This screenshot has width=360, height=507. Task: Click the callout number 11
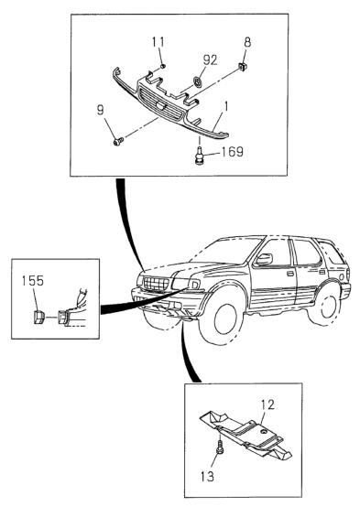(x=158, y=42)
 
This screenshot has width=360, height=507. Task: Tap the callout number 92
(x=210, y=59)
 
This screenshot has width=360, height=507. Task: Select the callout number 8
(x=247, y=42)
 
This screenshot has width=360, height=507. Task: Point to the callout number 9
(x=101, y=110)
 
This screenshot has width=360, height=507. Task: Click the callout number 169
(x=232, y=151)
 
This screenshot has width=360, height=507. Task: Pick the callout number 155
(x=33, y=281)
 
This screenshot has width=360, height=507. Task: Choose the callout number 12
(x=267, y=405)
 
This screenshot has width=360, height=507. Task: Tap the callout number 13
(x=207, y=476)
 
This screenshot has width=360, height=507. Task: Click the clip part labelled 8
(x=243, y=66)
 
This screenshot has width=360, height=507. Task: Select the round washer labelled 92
(x=198, y=81)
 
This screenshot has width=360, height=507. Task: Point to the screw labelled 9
(x=119, y=141)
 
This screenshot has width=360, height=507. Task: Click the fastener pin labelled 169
(x=200, y=156)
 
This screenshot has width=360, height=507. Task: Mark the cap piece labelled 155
(x=38, y=317)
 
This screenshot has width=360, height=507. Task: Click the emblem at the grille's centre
(x=159, y=105)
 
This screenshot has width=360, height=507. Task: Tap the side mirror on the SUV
(x=264, y=259)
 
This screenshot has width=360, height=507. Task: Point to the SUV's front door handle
(x=290, y=275)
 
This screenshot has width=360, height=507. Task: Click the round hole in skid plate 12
(x=266, y=432)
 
